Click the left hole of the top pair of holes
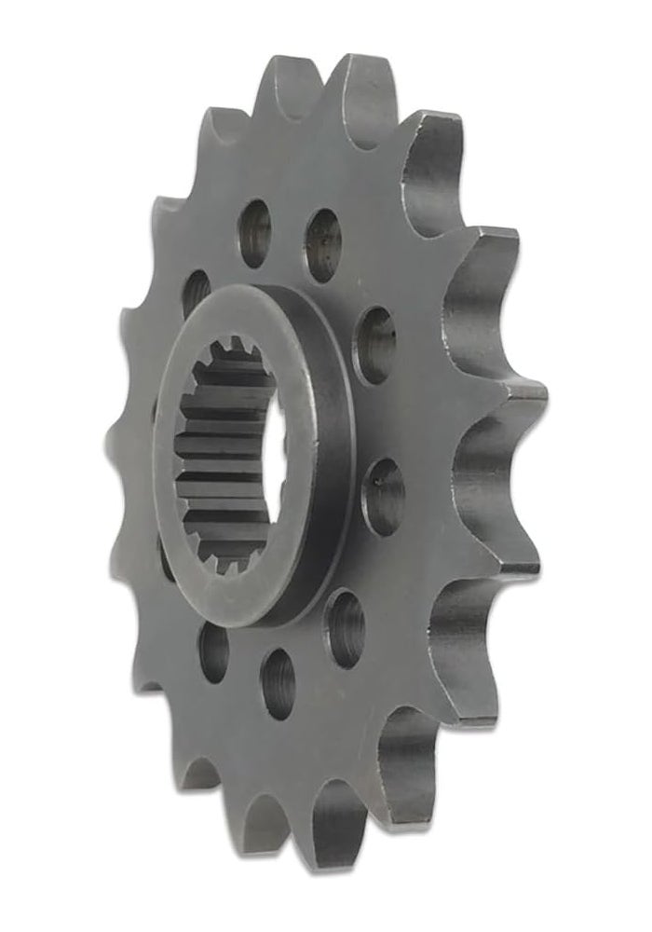point(254,233)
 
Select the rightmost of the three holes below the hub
point(344,628)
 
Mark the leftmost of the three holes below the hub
point(213,649)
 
